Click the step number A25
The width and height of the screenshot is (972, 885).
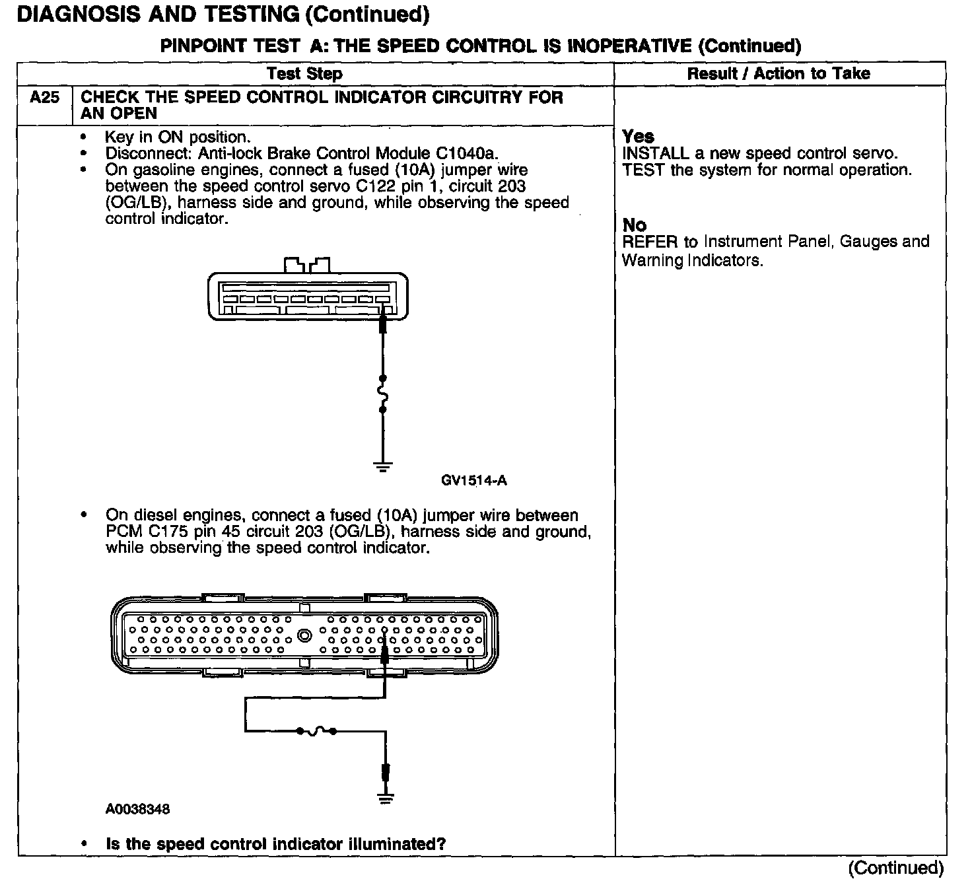pos(44,98)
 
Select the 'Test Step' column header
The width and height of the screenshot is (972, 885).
pos(304,73)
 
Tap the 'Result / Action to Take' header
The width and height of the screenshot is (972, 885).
pos(779,73)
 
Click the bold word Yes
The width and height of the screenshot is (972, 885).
pos(638,137)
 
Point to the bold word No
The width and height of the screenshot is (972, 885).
pos(634,225)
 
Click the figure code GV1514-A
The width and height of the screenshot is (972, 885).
pos(473,480)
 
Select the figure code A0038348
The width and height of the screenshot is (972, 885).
pos(137,809)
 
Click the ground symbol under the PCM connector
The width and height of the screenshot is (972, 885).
pos(386,798)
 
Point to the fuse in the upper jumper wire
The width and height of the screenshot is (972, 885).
pos(383,394)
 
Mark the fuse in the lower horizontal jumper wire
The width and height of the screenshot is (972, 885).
pos(316,731)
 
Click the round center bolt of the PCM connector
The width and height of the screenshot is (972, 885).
pos(304,636)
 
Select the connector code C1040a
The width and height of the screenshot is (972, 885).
pos(467,153)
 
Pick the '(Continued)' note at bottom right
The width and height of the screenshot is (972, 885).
pos(895,867)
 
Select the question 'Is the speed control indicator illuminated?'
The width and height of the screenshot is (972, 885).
pos(275,844)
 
